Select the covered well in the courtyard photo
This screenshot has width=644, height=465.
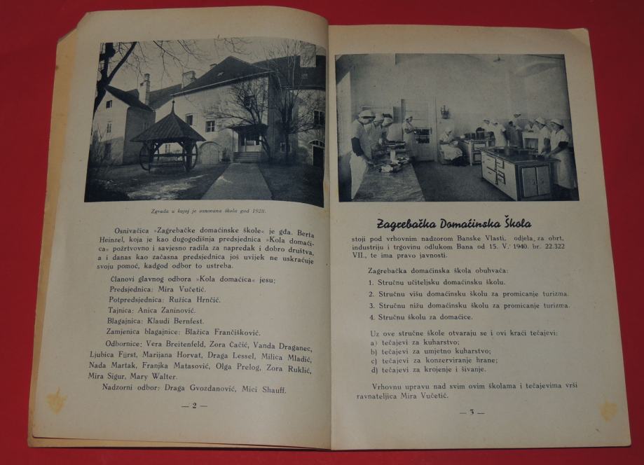167,139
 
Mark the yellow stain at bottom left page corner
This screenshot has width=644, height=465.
56,401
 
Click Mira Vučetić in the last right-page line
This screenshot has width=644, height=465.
422,396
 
